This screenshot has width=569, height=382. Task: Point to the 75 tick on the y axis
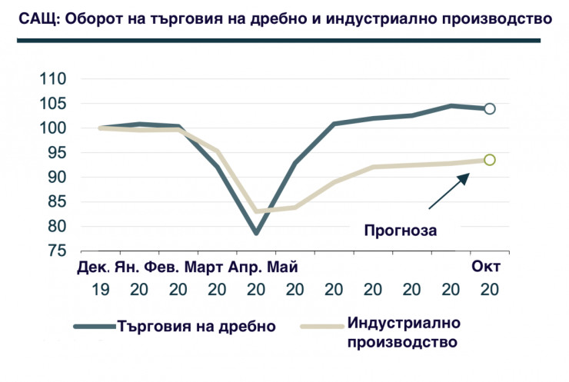pos(58,251)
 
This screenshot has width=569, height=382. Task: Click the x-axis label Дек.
pos(94,267)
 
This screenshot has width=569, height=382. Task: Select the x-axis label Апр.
pos(246,267)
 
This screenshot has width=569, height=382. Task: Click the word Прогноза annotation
pos(399,228)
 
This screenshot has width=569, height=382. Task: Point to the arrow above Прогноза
pos(448,191)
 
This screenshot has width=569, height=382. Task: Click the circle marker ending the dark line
pos(490,108)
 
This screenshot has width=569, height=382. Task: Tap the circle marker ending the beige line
pos(490,160)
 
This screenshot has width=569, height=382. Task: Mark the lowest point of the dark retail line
pos(256,233)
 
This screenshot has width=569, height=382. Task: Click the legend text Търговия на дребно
pos(196,325)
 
